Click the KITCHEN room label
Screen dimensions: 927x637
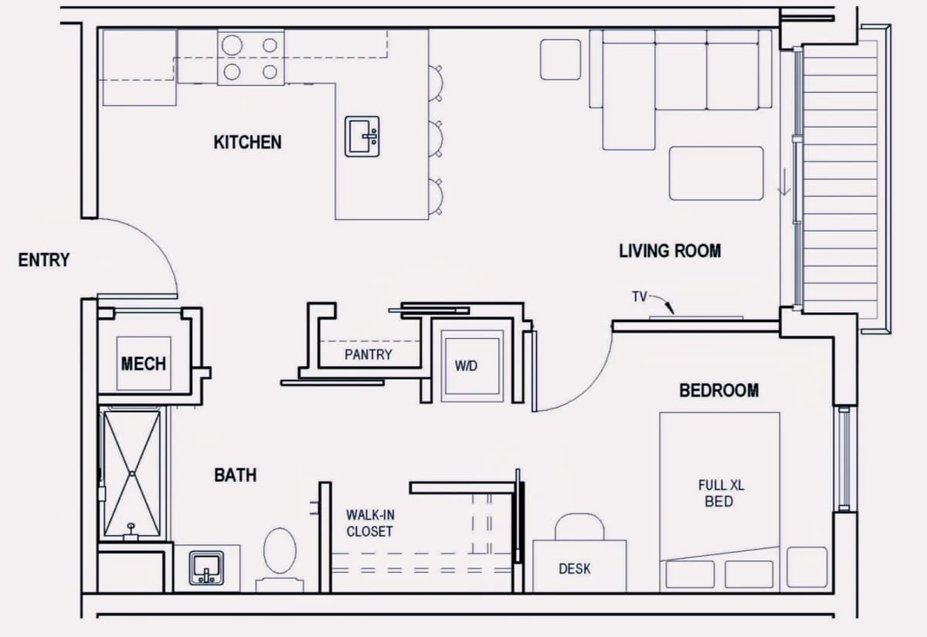click(247, 142)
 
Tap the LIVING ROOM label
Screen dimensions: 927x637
click(670, 251)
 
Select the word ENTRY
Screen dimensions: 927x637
click(44, 260)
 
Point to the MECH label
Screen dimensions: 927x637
click(143, 364)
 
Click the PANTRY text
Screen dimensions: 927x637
click(368, 354)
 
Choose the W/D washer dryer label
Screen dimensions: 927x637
click(466, 366)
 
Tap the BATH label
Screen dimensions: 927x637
click(236, 475)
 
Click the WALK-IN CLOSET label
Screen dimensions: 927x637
click(370, 523)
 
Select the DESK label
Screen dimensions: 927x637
click(575, 569)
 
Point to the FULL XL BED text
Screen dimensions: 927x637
click(721, 493)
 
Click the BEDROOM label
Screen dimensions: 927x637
click(719, 391)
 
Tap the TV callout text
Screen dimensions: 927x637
click(640, 296)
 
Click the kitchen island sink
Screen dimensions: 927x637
click(362, 137)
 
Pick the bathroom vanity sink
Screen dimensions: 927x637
click(206, 568)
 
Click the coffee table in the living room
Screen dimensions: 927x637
click(716, 173)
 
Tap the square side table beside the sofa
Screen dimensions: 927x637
click(560, 59)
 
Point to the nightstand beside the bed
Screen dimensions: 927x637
click(807, 567)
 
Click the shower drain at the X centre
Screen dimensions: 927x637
click(131, 473)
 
